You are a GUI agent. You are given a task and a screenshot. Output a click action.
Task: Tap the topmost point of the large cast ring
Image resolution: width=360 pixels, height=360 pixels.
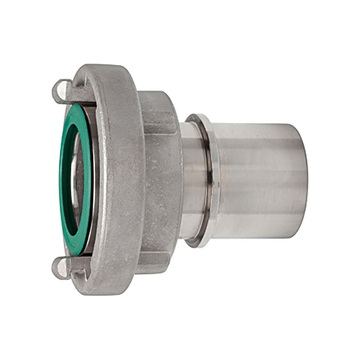105,65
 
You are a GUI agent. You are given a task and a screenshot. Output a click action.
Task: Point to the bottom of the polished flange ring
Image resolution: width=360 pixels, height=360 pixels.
199,243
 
